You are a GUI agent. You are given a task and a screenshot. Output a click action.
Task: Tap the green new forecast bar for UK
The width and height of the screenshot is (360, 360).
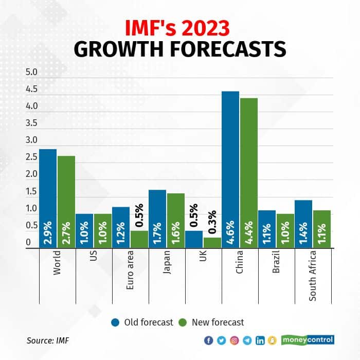[x=212, y=242]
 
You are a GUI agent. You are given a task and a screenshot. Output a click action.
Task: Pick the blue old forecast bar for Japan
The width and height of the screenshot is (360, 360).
[x=157, y=219]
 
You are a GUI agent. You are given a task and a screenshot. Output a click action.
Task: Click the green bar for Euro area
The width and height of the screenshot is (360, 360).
[x=139, y=239]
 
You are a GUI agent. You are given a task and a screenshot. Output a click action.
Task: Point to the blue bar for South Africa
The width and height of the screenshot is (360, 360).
[x=303, y=224]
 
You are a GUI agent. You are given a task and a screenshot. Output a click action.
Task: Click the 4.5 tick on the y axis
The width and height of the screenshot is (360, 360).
[x=32, y=89]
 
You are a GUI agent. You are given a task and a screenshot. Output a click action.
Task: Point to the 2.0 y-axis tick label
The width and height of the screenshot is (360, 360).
[x=32, y=174]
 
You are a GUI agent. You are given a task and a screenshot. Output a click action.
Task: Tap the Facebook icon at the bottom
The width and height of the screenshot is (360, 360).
[x=208, y=340]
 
